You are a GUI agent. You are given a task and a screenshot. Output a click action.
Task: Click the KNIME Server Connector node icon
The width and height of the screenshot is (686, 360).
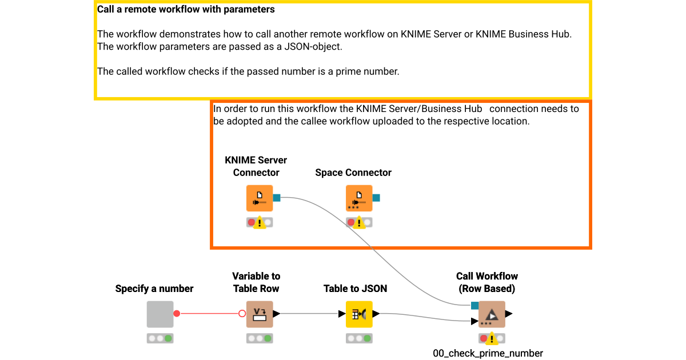pyautogui.click(x=260, y=198)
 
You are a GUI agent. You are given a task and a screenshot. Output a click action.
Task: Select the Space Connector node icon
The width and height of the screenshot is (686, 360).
pyautogui.click(x=359, y=198)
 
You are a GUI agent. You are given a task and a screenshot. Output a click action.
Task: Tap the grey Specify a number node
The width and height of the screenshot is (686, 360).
pyautogui.click(x=160, y=314)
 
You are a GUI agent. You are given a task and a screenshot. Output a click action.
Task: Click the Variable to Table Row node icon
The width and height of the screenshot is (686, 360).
pyautogui.click(x=260, y=314)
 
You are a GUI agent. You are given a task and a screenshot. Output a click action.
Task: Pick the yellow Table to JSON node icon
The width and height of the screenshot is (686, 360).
pyautogui.click(x=359, y=314)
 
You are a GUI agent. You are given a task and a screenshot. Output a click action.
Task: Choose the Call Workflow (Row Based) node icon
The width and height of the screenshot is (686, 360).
pyautogui.click(x=492, y=314)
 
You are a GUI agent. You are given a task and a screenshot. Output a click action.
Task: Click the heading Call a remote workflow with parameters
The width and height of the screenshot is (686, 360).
pyautogui.click(x=186, y=10)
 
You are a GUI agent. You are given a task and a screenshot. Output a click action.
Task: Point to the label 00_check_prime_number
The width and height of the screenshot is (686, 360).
pyautogui.click(x=488, y=353)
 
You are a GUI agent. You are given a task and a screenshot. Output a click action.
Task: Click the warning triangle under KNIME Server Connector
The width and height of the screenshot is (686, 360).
pyautogui.click(x=260, y=223)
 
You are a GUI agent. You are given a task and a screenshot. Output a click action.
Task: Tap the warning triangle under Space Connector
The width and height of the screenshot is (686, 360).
pyautogui.click(x=360, y=223)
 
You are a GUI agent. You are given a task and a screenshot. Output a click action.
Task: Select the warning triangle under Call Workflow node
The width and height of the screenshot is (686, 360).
pyautogui.click(x=491, y=339)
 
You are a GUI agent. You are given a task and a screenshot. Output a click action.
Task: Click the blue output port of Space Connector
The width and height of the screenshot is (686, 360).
pyautogui.click(x=376, y=198)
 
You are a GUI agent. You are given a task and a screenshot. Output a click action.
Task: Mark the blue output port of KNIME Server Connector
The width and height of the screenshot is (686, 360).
pyautogui.click(x=277, y=198)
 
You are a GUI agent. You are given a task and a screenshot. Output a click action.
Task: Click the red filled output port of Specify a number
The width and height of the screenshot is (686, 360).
pyautogui.click(x=177, y=314)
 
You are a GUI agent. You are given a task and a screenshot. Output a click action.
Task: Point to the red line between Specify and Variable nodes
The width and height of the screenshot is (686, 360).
pyautogui.click(x=209, y=314)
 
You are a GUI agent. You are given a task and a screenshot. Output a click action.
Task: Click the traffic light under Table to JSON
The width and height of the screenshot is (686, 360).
pyautogui.click(x=359, y=338)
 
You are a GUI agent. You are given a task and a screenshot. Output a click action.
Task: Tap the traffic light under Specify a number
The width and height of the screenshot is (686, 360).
pyautogui.click(x=160, y=338)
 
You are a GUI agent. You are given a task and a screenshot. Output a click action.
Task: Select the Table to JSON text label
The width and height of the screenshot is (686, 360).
pyautogui.click(x=355, y=289)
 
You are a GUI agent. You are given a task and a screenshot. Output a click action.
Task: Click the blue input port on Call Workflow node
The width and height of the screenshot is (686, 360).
pyautogui.click(x=474, y=306)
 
